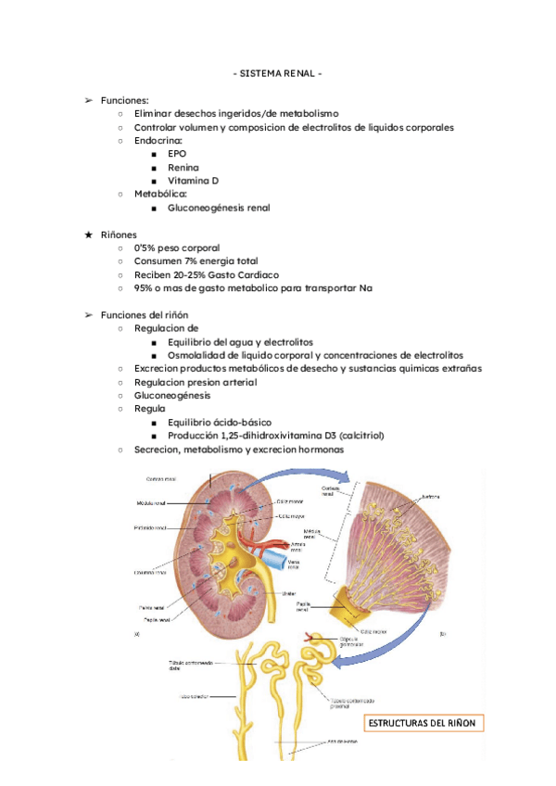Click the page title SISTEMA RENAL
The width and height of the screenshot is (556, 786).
(x=277, y=73)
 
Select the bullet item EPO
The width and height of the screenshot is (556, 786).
(x=177, y=154)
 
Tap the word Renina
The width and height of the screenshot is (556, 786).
(x=183, y=168)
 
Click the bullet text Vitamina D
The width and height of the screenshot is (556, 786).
(x=194, y=181)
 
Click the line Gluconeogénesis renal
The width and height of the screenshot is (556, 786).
(x=219, y=208)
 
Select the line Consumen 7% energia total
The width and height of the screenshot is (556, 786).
(x=196, y=262)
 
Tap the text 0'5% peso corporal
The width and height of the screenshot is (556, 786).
(x=178, y=248)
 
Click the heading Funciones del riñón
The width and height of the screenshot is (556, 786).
(x=145, y=315)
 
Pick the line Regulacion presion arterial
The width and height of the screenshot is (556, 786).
(x=196, y=382)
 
